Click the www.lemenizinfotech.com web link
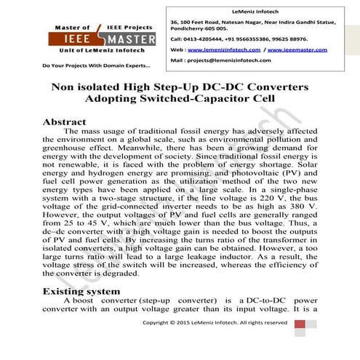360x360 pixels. click(x=220, y=49)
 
